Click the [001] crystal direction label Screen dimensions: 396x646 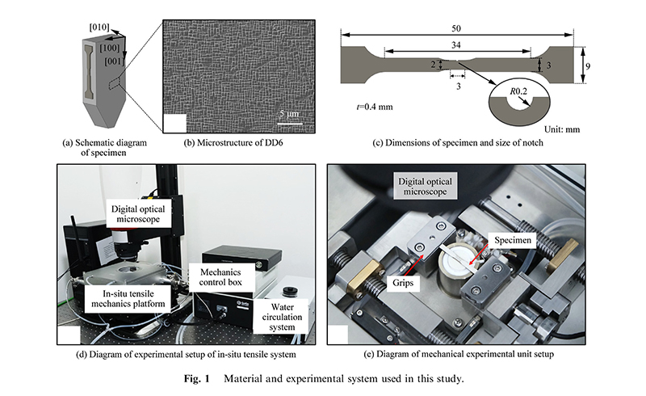[107, 60]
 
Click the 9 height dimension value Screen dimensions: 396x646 [589, 71]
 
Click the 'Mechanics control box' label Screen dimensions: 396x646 [219, 277]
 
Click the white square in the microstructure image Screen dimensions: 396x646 [174, 124]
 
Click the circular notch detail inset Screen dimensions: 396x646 [514, 107]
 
